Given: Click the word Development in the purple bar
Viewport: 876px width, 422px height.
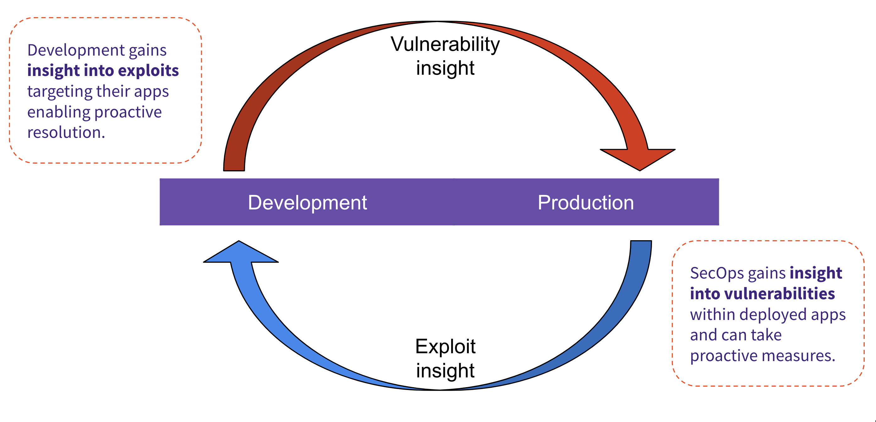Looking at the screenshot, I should click(307, 203).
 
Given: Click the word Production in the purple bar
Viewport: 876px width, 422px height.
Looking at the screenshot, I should click(586, 203).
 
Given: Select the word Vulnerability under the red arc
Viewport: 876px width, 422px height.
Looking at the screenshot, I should click(445, 45).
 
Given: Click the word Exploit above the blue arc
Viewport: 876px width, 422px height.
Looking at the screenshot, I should click(445, 347).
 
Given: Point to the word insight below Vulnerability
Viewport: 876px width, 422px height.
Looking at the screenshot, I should click(445, 68).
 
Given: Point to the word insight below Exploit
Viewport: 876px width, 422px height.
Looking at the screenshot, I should click(445, 371).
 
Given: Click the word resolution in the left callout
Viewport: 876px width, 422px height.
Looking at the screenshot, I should click(66, 133).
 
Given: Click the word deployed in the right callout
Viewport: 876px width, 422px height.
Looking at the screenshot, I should click(773, 315).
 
